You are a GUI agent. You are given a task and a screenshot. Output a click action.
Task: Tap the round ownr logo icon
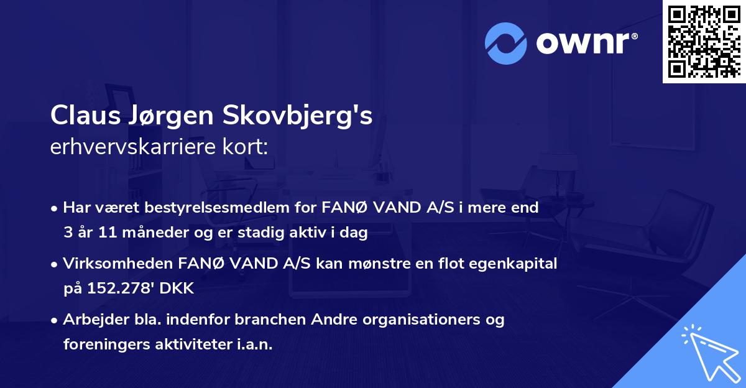pyautogui.click(x=507, y=43)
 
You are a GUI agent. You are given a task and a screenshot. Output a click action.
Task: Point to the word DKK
pyautogui.click(x=180, y=289)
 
